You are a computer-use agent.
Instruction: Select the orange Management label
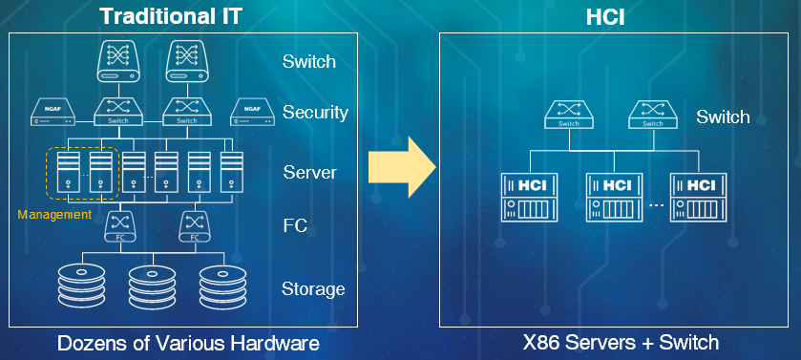pyautogui.click(x=54, y=215)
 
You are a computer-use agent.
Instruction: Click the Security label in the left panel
pyautogui.click(x=315, y=113)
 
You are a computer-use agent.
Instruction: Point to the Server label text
pyautogui.click(x=309, y=173)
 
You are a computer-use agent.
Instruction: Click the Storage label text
pyautogui.click(x=313, y=288)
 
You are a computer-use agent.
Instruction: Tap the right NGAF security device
pyautogui.click(x=251, y=113)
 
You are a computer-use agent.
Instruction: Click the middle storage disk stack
pyautogui.click(x=155, y=285)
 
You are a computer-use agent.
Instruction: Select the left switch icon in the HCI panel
pyautogui.click(x=568, y=116)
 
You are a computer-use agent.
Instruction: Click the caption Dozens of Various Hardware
pyautogui.click(x=187, y=342)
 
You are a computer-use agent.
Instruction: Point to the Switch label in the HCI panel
pyautogui.click(x=723, y=117)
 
